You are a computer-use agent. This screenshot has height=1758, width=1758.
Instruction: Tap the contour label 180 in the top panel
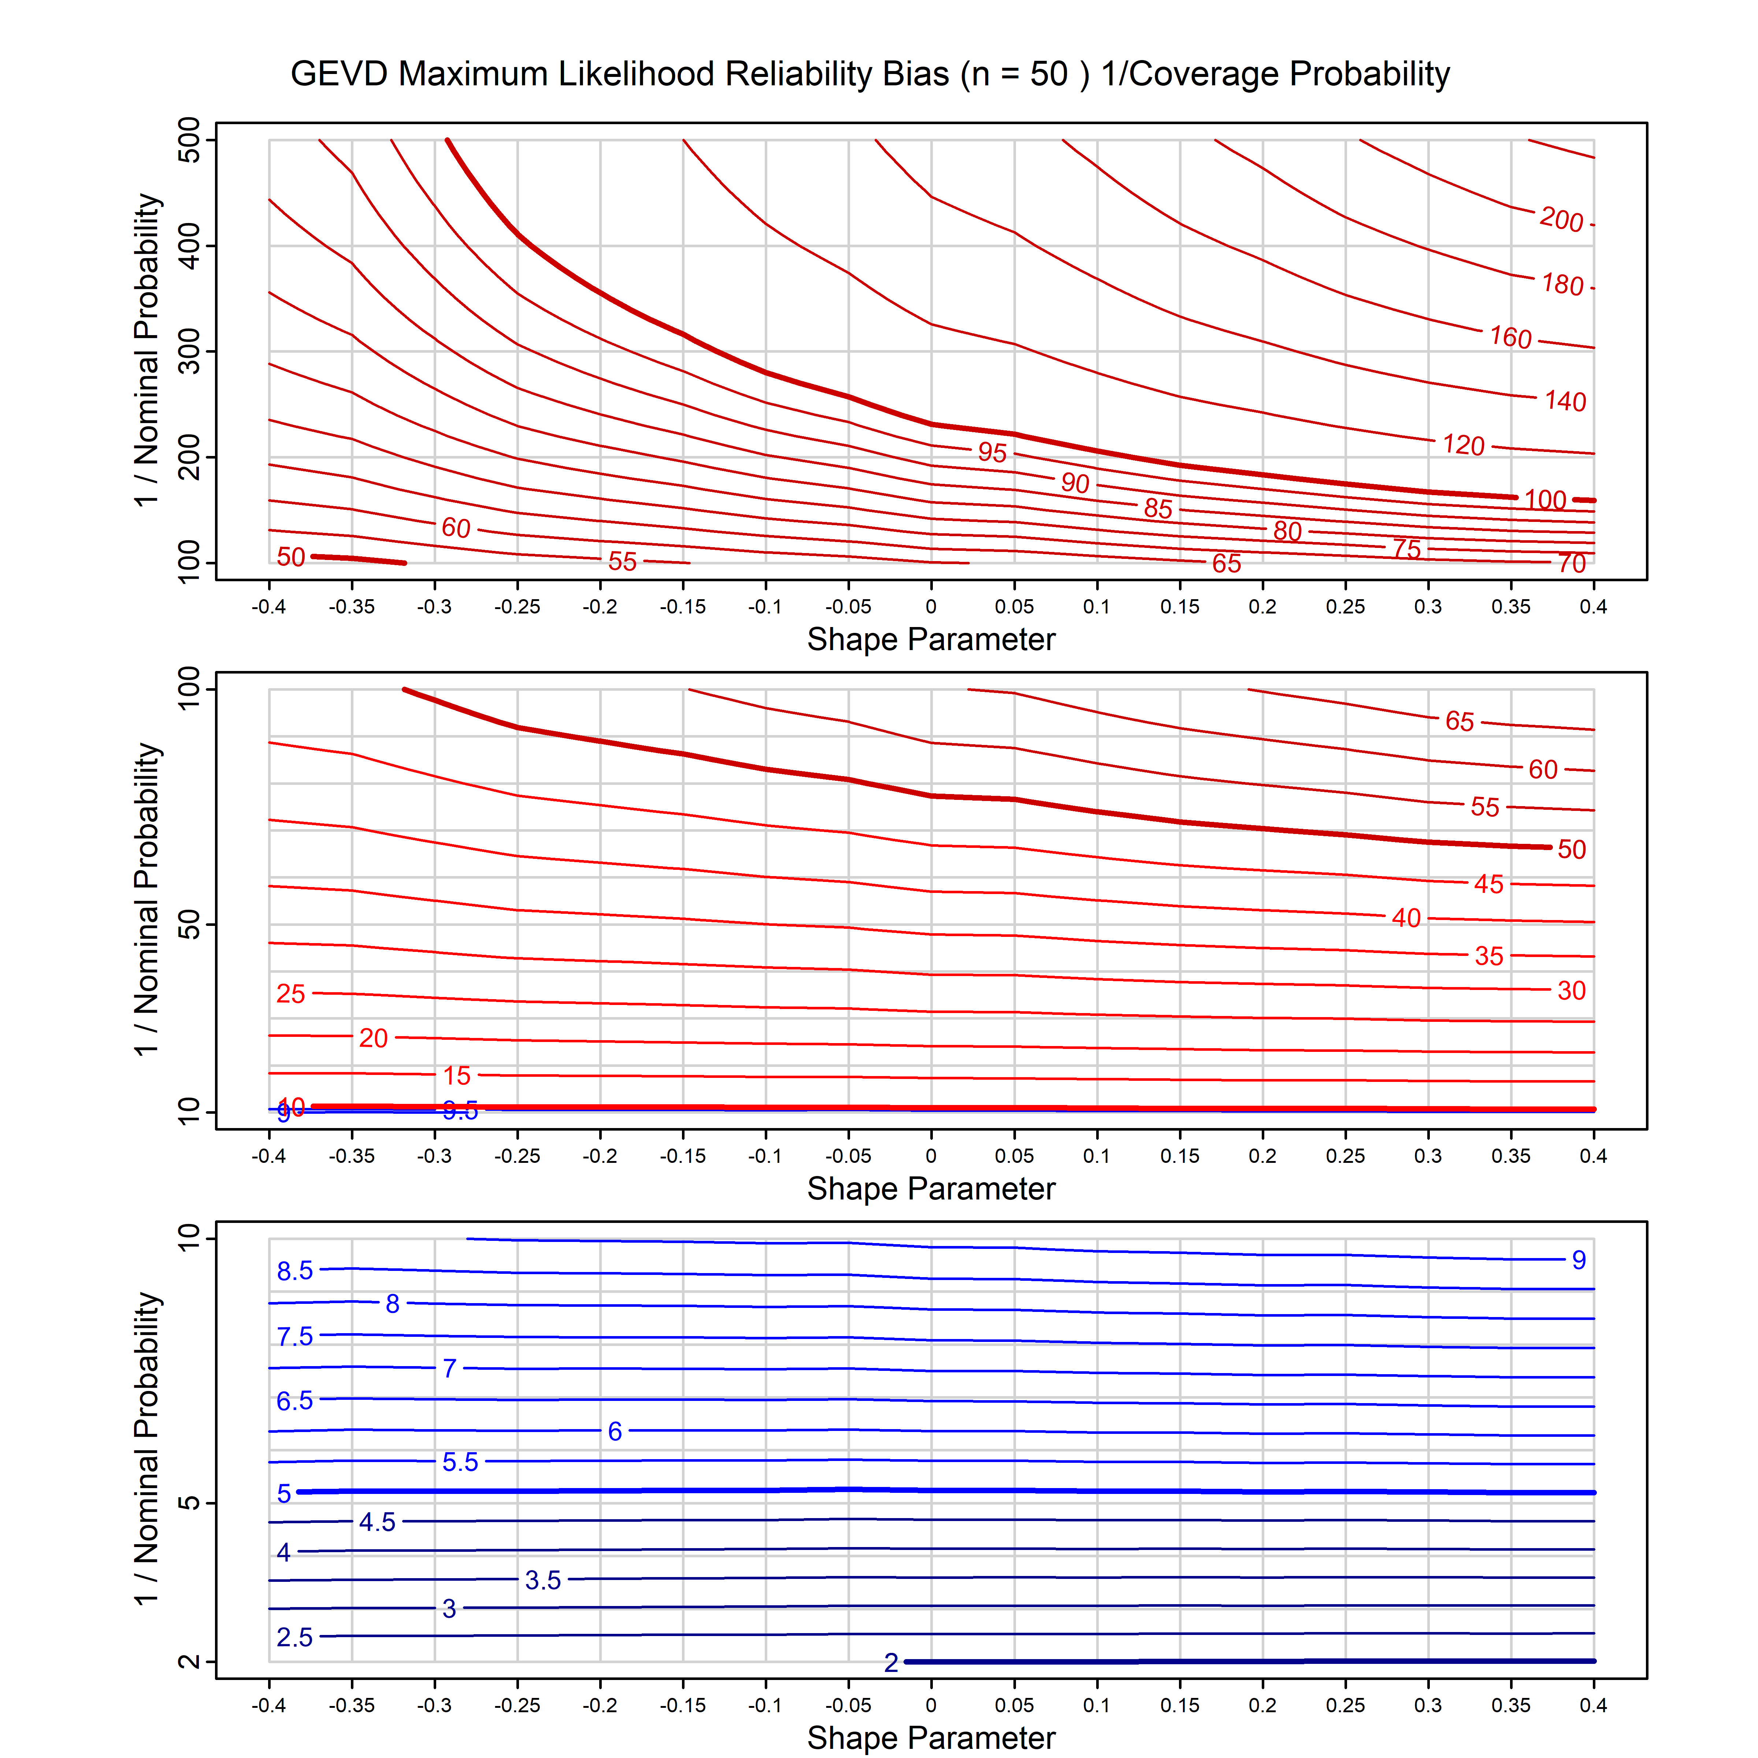(x=1562, y=285)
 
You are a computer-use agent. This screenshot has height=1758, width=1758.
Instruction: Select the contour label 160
(x=1510, y=338)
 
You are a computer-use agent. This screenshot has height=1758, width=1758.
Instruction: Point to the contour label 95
(x=992, y=452)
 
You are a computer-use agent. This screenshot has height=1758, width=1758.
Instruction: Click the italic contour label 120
(x=1463, y=445)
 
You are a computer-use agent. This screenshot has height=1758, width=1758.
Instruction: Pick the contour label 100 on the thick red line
(x=1545, y=500)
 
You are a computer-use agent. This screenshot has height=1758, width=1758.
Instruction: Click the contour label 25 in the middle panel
(x=290, y=994)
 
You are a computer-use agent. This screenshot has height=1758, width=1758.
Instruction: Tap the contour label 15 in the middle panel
(x=457, y=1076)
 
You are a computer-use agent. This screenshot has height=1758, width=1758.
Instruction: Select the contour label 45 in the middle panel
(x=1489, y=883)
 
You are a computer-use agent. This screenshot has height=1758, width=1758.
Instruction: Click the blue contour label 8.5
(x=295, y=1271)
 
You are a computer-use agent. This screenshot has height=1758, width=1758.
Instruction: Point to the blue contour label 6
(x=615, y=1431)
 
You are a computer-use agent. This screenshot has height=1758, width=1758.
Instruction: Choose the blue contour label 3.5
(x=543, y=1581)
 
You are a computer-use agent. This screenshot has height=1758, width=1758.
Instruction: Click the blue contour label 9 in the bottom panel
(x=1579, y=1260)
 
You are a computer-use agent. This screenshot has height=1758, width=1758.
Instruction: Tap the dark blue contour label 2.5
(x=295, y=1638)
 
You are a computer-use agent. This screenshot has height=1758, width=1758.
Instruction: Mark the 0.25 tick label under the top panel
(x=1345, y=607)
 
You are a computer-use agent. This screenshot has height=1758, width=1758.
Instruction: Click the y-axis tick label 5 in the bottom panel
(x=189, y=1502)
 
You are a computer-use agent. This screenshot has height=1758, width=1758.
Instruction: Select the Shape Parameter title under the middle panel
(x=931, y=1188)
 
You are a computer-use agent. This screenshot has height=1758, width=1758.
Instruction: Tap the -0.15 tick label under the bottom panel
(x=682, y=1705)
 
